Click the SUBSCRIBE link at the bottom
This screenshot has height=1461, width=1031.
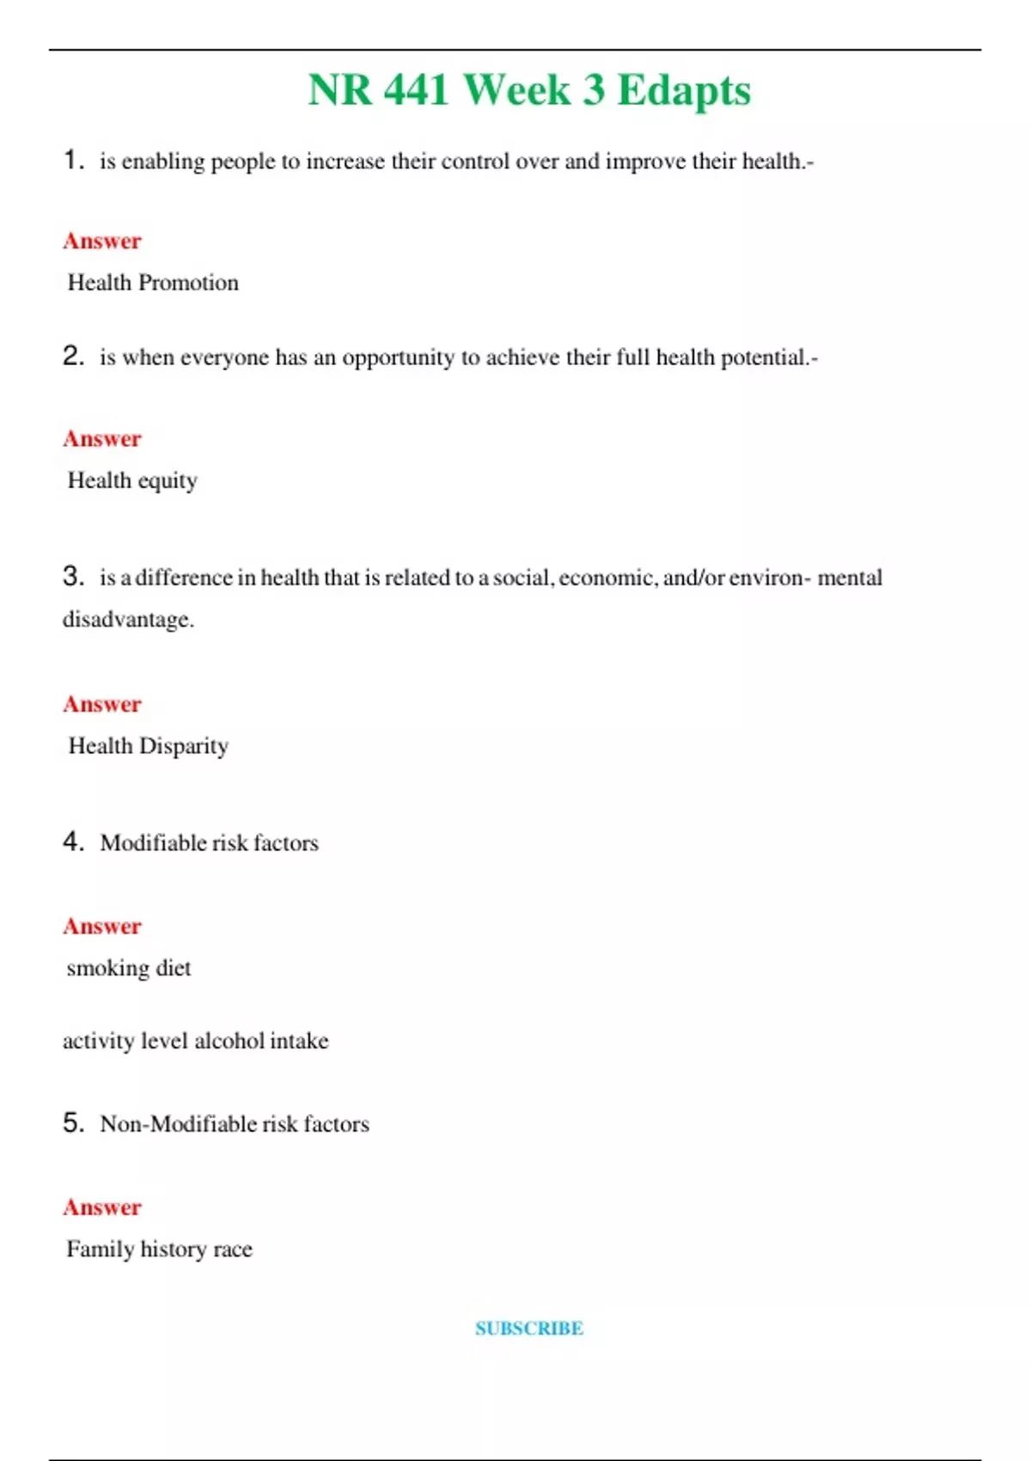point(529,1329)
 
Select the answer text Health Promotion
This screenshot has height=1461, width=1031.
point(153,283)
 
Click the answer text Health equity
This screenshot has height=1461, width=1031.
point(132,480)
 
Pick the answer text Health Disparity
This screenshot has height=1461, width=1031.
point(148,746)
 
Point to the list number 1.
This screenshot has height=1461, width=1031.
point(72,160)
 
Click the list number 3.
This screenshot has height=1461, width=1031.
point(72,576)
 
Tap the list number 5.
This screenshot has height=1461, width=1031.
point(72,1122)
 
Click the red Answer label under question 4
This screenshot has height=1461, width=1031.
point(102,926)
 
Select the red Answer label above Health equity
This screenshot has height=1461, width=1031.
point(102,439)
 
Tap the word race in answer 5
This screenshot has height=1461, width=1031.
point(233,1250)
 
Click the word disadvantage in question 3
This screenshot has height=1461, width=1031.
point(127,620)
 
